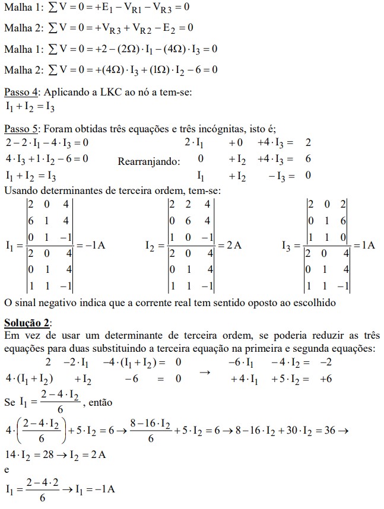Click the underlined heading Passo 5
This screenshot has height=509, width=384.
pos(21,129)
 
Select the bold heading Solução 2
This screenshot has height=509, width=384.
pos(27,323)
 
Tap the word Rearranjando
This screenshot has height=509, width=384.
pos(148,161)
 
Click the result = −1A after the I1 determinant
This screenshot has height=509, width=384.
pos(91,244)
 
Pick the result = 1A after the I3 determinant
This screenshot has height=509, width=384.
pos(364,244)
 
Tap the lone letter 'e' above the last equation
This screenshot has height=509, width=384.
pos(7,469)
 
